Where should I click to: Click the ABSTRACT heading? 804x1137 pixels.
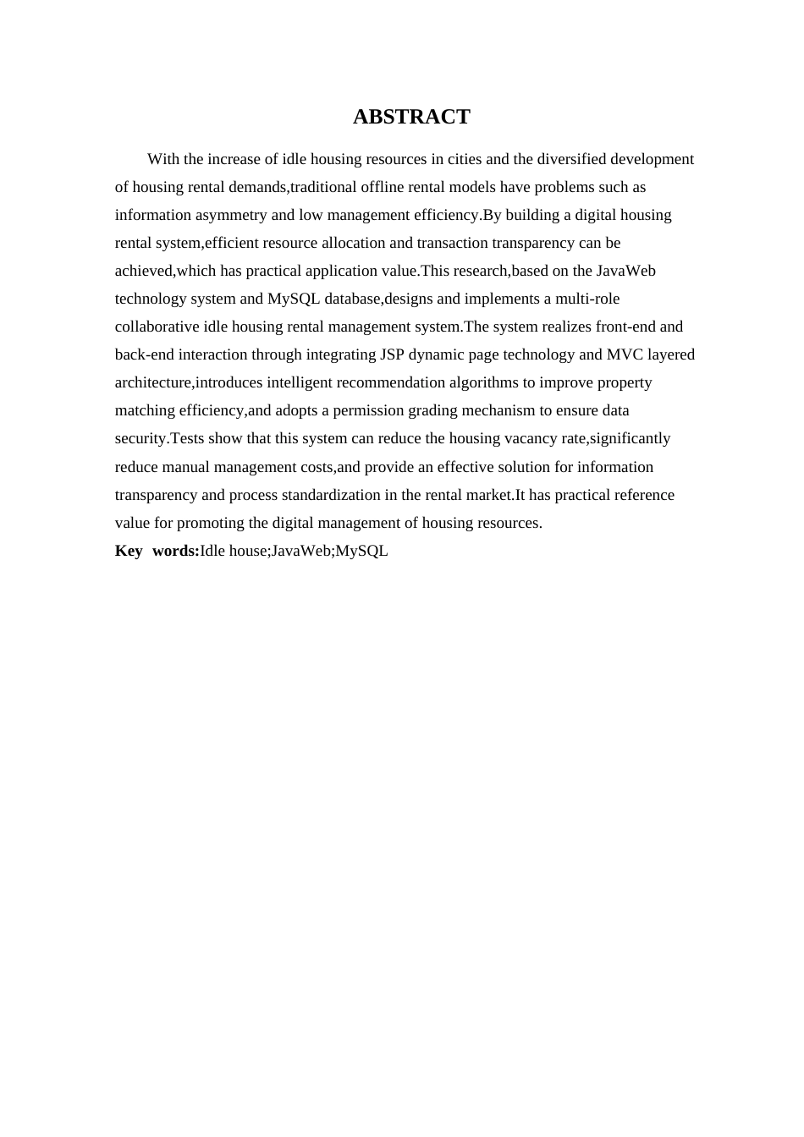pyautogui.click(x=411, y=117)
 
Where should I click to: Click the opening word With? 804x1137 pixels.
pyautogui.click(x=163, y=159)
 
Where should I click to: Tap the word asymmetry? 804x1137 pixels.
pyautogui.click(x=232, y=215)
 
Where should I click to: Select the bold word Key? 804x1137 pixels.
pyautogui.click(x=129, y=551)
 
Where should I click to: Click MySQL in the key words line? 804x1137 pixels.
pyautogui.click(x=362, y=551)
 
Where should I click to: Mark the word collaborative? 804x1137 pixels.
pyautogui.click(x=157, y=327)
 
